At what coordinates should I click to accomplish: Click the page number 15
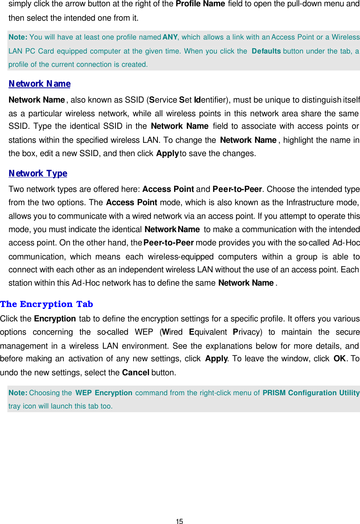tap(180, 521)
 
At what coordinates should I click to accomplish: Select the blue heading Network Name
tap(39, 84)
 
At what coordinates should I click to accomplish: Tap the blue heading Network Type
tap(38, 173)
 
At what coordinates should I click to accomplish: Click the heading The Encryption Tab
tap(46, 304)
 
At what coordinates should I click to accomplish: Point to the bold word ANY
tap(170, 37)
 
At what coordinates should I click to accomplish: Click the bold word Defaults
tap(266, 51)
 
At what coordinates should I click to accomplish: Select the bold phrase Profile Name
tap(200, 4)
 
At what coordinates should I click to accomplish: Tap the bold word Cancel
tap(136, 373)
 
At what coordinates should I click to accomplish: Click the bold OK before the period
tap(339, 359)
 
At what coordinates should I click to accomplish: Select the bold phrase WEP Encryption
tap(104, 393)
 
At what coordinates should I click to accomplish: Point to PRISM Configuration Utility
tap(311, 393)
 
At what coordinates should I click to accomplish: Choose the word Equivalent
tap(208, 332)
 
